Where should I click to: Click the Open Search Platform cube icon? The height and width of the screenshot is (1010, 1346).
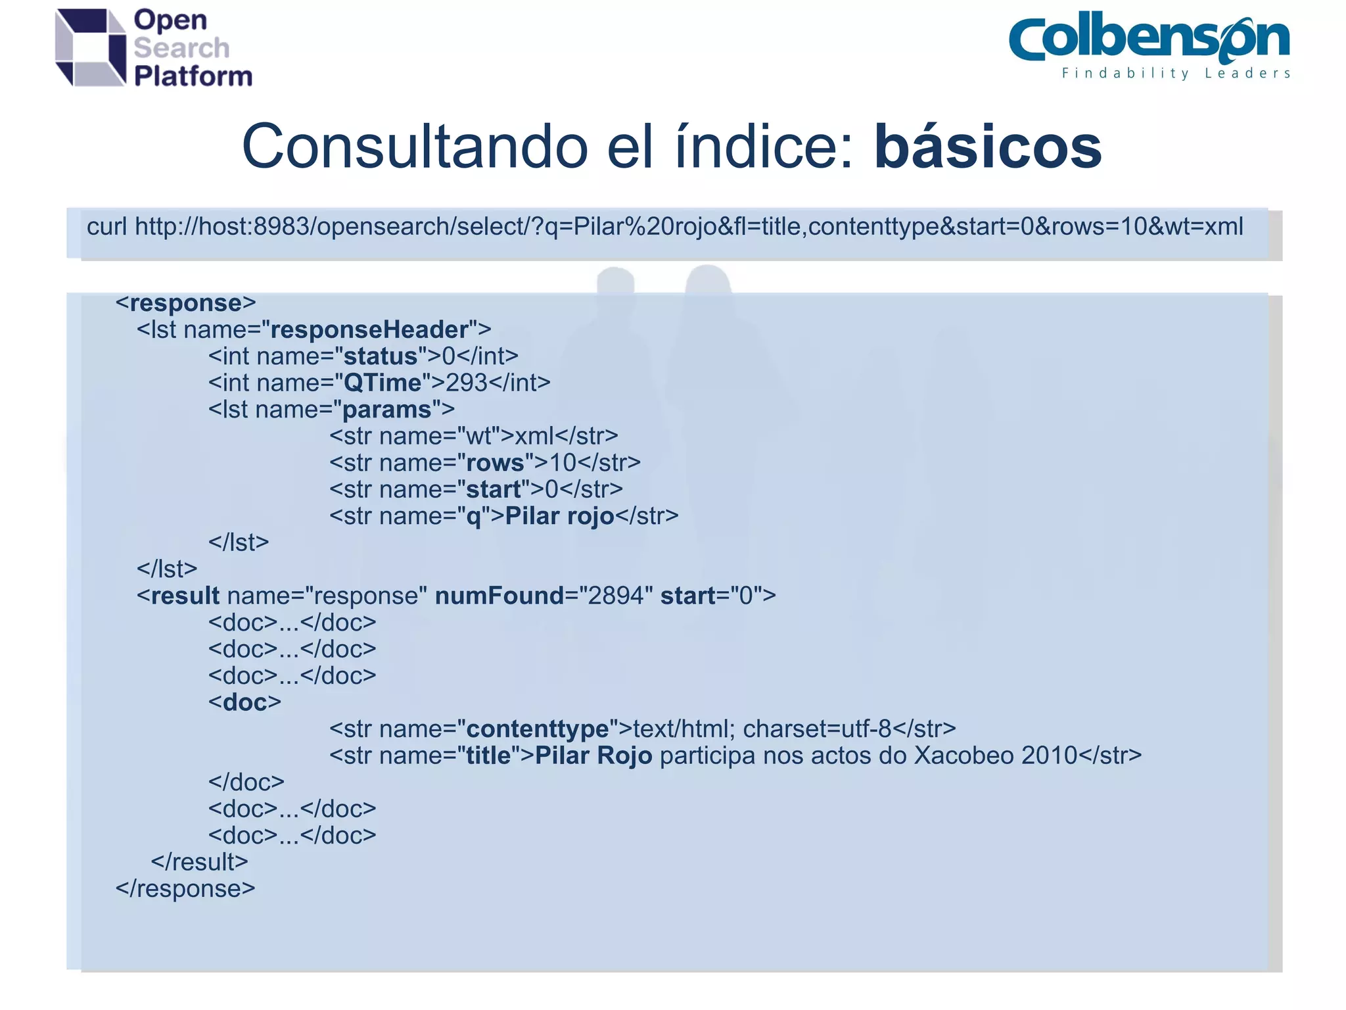[91, 47]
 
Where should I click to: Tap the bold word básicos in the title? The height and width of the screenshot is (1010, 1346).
[987, 147]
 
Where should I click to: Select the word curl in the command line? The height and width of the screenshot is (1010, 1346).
[106, 227]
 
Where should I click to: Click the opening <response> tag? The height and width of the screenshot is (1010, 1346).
[185, 303]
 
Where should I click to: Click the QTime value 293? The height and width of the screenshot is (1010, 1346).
[466, 383]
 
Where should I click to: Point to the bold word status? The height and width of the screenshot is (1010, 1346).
[381, 356]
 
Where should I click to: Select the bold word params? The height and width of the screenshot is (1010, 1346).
[386, 410]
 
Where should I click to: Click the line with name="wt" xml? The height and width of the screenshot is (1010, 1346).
[473, 436]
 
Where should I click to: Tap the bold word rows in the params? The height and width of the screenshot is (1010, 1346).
[494, 463]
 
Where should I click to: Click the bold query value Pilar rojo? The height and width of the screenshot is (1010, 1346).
[559, 516]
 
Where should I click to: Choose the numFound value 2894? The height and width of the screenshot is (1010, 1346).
[615, 596]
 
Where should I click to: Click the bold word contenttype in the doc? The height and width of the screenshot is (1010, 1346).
[537, 729]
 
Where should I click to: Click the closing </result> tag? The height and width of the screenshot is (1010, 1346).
[199, 862]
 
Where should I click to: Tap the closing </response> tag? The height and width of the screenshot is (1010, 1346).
[185, 889]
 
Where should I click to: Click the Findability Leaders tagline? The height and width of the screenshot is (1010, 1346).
[1176, 74]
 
